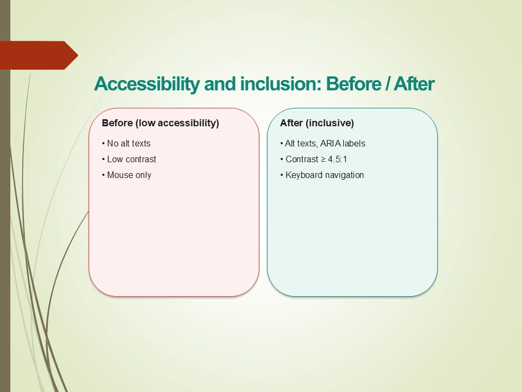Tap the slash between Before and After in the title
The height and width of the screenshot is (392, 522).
pyautogui.click(x=387, y=84)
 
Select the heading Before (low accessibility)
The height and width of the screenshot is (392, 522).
pyautogui.click(x=160, y=123)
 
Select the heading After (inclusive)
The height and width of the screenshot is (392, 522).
pyautogui.click(x=317, y=123)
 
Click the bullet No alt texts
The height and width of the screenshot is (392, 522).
pyautogui.click(x=128, y=144)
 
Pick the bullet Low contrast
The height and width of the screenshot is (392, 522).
pyautogui.click(x=131, y=160)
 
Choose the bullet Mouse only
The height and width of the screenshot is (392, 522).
pyautogui.click(x=129, y=175)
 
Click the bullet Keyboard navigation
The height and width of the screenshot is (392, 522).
pyautogui.click(x=325, y=175)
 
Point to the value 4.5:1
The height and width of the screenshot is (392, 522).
pyautogui.click(x=337, y=160)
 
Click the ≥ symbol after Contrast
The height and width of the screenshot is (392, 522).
pyautogui.click(x=322, y=160)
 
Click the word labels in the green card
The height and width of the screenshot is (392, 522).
pyautogui.click(x=354, y=144)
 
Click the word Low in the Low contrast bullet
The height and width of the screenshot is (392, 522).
pyautogui.click(x=115, y=160)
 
